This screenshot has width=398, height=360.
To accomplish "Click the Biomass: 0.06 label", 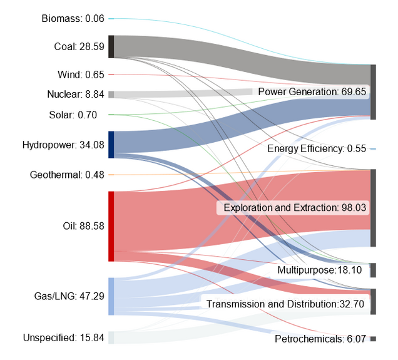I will [73, 19].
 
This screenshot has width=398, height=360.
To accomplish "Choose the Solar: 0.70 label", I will [76, 115].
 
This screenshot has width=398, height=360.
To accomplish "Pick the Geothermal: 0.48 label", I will [67, 175].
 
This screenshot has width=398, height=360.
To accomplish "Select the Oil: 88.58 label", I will [83, 226].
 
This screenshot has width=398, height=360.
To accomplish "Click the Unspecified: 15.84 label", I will [63, 338].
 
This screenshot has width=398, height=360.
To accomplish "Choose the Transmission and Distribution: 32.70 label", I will [285, 304].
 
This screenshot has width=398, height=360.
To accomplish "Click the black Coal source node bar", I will [111, 47].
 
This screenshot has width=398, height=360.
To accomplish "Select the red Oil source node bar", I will [111, 226].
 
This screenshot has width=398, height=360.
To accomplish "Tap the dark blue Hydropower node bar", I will [111, 145].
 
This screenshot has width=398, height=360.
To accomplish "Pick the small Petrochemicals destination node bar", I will [373, 339].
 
